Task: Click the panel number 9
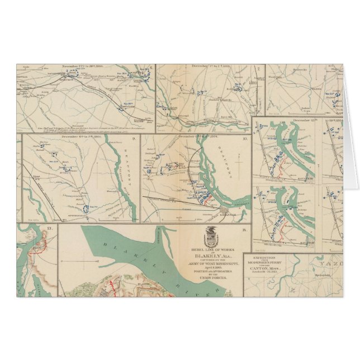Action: [x=134, y=138]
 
